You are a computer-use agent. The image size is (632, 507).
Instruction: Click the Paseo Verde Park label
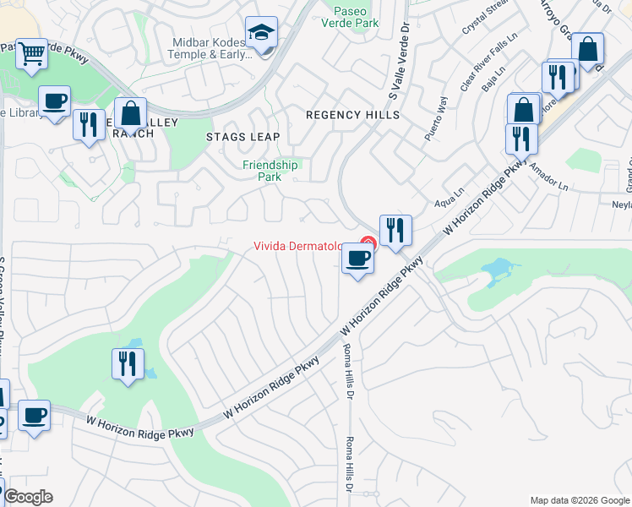tap(356, 18)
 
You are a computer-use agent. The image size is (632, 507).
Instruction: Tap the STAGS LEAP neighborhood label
tap(242, 136)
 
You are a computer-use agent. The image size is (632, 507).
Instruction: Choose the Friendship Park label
tap(270, 172)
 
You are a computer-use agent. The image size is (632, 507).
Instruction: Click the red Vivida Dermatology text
tap(297, 247)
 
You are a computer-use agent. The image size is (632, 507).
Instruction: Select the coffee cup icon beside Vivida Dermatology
tap(357, 258)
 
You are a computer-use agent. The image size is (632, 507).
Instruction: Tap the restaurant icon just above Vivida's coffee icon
tap(395, 230)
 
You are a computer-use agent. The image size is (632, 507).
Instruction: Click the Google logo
tap(28, 497)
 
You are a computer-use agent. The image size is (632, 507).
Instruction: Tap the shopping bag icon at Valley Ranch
tap(130, 113)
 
